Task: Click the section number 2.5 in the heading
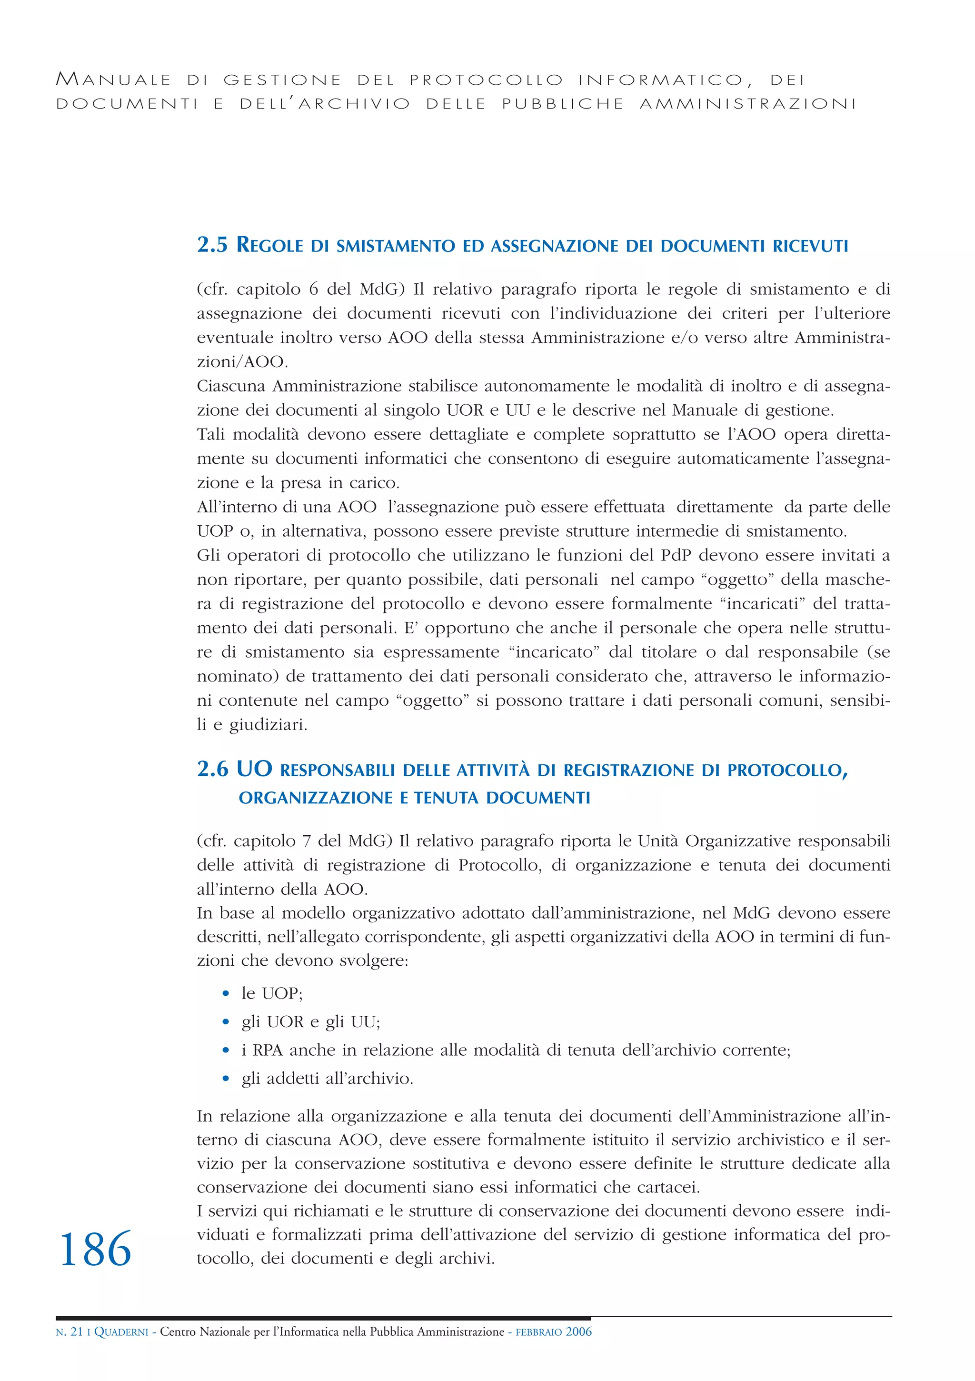[x=212, y=245]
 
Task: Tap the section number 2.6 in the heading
[x=212, y=769]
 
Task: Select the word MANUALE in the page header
[x=114, y=80]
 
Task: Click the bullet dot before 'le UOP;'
[x=226, y=994]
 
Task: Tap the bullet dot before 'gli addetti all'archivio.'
[x=226, y=1079]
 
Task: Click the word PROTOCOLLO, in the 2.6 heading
[x=787, y=771]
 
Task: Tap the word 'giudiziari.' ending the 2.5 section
[x=268, y=725]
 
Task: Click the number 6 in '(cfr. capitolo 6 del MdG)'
[x=313, y=290]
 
